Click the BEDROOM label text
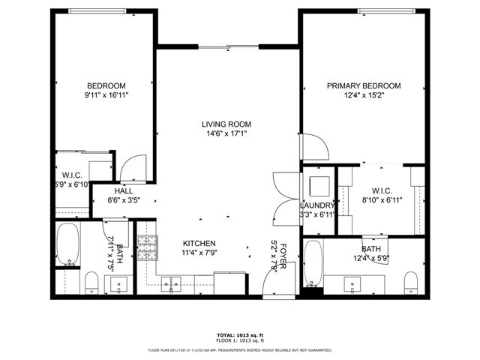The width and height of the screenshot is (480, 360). (x=106, y=85)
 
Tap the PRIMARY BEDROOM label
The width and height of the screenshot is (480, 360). (x=363, y=85)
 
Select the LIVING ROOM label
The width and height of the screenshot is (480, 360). (x=226, y=124)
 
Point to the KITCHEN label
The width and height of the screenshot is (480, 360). (x=199, y=244)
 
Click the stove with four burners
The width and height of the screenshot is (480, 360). (x=148, y=245)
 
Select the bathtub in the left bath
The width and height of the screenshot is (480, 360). (x=69, y=244)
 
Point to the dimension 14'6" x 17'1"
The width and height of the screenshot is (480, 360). (x=226, y=134)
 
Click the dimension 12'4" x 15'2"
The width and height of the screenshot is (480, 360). (x=363, y=96)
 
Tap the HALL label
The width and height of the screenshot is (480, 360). (x=124, y=190)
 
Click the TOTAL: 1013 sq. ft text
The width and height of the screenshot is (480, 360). (x=240, y=334)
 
